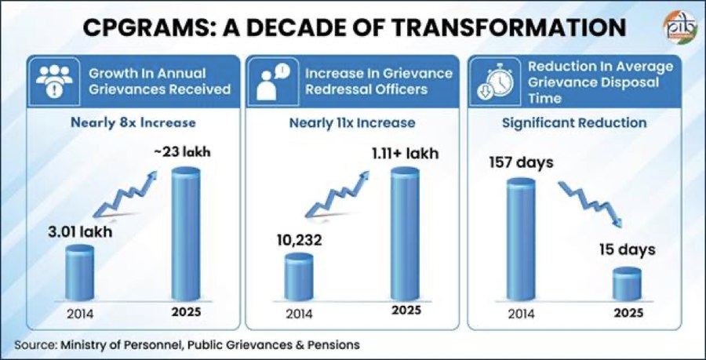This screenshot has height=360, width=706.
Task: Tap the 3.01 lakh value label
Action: [80, 232]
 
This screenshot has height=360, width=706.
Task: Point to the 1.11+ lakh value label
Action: [405, 154]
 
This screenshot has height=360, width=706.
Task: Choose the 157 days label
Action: [521, 163]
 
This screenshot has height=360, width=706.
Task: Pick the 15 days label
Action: [627, 249]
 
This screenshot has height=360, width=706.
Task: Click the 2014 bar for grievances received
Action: [80, 273]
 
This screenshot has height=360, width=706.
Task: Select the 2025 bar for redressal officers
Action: [405, 234]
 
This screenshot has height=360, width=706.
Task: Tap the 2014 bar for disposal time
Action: [521, 239]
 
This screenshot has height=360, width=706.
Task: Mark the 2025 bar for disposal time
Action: [627, 284]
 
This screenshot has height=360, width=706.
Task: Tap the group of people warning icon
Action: [54, 82]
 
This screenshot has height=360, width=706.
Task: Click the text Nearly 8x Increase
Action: [133, 123]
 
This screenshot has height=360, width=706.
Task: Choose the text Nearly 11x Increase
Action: [352, 123]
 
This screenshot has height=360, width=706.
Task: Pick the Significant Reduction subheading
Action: [574, 123]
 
